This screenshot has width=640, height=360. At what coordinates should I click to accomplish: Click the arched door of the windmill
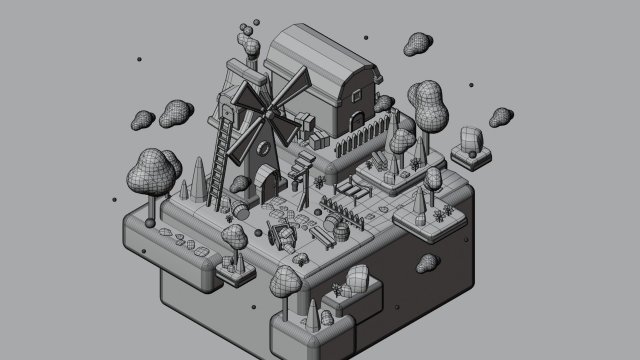tap(267, 182)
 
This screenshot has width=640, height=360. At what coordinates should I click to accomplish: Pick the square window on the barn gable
tap(356, 92)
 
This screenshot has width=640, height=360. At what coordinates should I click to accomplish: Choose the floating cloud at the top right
tap(418, 45)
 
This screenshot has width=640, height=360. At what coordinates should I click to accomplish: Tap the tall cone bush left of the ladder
tap(199, 181)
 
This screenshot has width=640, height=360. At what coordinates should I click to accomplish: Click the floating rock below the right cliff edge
tap(428, 264)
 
